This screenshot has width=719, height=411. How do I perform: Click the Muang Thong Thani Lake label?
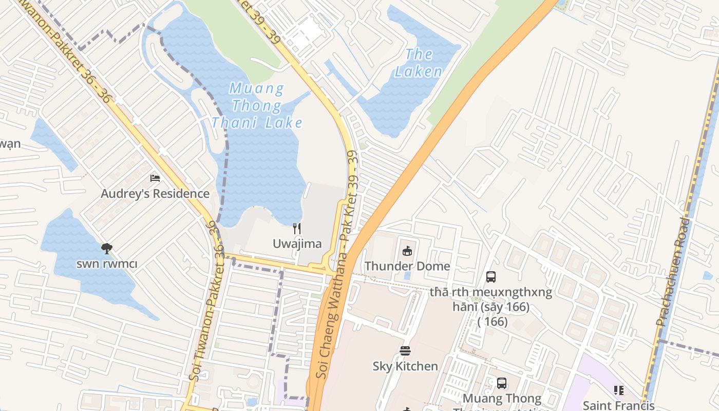click(x=257, y=106)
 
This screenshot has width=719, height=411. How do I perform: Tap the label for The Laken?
click(x=419, y=63)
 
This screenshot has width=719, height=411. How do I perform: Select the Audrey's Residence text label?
click(x=155, y=194)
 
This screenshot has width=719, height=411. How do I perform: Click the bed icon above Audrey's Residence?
click(x=155, y=178)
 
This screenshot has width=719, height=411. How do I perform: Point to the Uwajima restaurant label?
click(x=297, y=244)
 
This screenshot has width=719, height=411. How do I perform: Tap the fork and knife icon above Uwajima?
click(x=297, y=228)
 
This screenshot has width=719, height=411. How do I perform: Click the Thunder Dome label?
click(x=407, y=266)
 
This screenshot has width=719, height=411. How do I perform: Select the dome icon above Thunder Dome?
click(x=407, y=251)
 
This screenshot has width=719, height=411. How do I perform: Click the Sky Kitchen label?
click(x=405, y=366)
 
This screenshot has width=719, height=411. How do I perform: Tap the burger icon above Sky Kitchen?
click(x=405, y=351)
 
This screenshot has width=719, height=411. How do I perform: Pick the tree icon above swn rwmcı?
click(x=107, y=249)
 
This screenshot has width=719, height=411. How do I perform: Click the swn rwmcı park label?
click(x=107, y=264)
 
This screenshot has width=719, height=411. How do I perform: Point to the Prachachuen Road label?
click(x=673, y=272)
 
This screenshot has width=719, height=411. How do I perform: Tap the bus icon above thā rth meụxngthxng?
click(x=491, y=277)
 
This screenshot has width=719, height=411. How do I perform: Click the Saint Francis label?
click(x=619, y=405)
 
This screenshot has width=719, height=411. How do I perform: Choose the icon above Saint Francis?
click(x=619, y=390)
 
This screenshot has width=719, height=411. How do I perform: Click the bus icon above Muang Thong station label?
click(x=502, y=383)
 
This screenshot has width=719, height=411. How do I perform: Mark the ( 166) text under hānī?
click(x=492, y=322)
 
